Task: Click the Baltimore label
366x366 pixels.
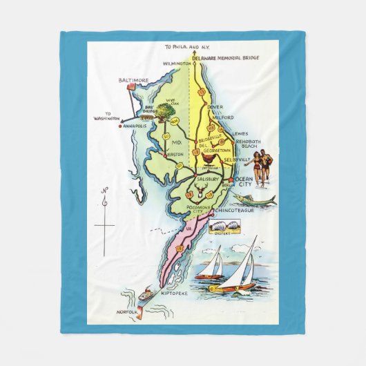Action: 133,81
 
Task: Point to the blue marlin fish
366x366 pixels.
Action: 254,200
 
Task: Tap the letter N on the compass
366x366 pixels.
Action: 104,190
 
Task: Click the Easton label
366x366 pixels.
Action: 176,155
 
